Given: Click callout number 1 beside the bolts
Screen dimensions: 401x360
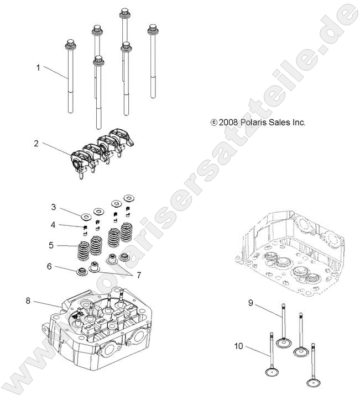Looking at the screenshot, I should (38, 67).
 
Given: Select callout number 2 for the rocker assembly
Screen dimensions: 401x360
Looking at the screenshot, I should (36, 143).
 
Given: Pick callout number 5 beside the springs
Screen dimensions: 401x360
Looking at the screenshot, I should (50, 245).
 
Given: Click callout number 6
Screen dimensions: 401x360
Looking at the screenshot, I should (49, 266).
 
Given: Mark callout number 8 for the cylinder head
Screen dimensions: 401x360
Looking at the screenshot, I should (28, 300).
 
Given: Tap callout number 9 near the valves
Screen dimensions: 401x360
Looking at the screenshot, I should (251, 303).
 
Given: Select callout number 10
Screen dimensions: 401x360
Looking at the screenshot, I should (238, 346).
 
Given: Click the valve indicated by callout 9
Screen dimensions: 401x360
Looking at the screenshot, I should (285, 331).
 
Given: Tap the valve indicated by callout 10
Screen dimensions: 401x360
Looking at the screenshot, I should (273, 365).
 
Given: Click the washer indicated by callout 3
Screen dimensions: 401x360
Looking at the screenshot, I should (86, 215).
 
